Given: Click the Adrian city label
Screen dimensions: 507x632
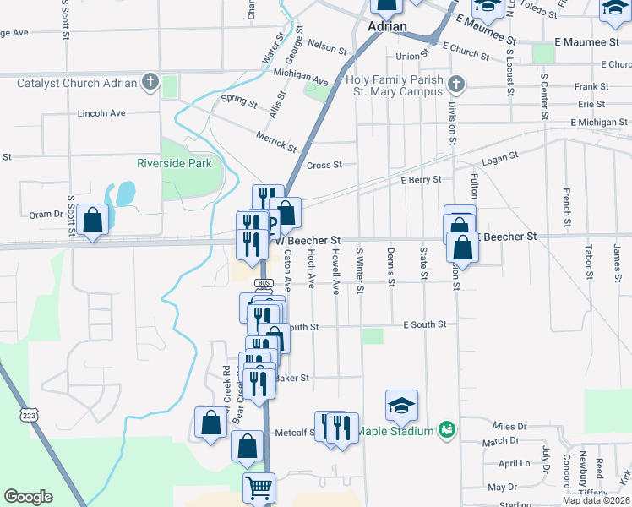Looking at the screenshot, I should (x=388, y=26).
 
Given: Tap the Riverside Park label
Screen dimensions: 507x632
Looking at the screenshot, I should (x=175, y=163).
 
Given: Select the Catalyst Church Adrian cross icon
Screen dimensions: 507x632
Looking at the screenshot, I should (x=151, y=82).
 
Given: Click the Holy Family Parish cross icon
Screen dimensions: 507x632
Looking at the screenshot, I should (x=456, y=84).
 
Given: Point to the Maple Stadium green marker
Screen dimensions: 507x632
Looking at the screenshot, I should (x=446, y=431).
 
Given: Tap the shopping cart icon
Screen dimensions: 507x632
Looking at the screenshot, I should (x=259, y=487).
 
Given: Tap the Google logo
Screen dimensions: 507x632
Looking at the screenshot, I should (x=28, y=497).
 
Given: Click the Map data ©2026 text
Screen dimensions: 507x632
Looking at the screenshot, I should (x=597, y=500).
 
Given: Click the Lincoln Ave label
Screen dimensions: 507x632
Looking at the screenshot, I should (x=101, y=112).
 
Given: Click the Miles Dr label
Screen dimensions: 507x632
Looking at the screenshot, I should (x=510, y=428).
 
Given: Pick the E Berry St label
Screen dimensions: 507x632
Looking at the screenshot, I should (x=422, y=180).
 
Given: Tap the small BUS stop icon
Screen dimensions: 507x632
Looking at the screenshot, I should (x=264, y=283).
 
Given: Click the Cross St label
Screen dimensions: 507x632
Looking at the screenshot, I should (x=324, y=166).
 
